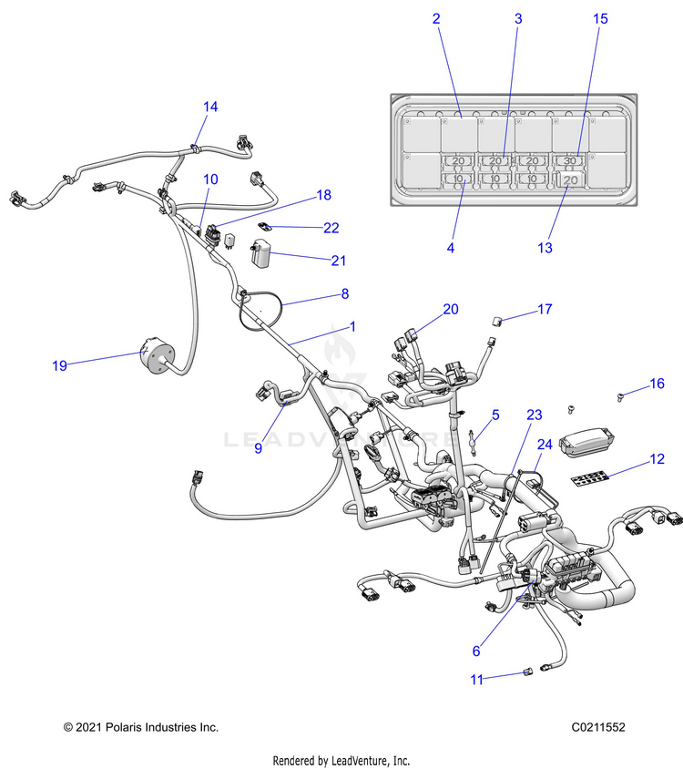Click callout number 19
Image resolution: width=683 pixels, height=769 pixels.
click(59, 365)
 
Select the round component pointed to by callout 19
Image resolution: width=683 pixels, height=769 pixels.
click(157, 355)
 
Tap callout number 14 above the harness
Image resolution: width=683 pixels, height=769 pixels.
click(210, 107)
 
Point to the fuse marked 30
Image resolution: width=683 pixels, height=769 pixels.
click(570, 160)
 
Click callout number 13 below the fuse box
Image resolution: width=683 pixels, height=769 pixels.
click(545, 248)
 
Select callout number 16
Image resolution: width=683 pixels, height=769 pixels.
click(657, 384)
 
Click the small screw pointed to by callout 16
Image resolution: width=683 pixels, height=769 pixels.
click(620, 397)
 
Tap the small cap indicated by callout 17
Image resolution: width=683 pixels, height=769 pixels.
click(497, 322)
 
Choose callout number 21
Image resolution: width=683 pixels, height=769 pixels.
click(339, 261)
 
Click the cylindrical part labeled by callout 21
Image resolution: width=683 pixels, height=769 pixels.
click(260, 253)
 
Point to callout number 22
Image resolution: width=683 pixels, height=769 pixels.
click(331, 228)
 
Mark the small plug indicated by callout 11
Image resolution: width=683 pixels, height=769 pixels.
click(527, 672)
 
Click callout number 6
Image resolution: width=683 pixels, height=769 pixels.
click(476, 651)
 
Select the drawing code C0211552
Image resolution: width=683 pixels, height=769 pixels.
click(598, 727)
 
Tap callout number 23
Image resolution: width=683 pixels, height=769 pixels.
click(535, 415)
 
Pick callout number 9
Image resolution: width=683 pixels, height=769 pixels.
click(259, 448)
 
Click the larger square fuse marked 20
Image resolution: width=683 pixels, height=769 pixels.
click(570, 180)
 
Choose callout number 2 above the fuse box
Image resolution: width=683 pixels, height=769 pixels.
click(436, 18)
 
